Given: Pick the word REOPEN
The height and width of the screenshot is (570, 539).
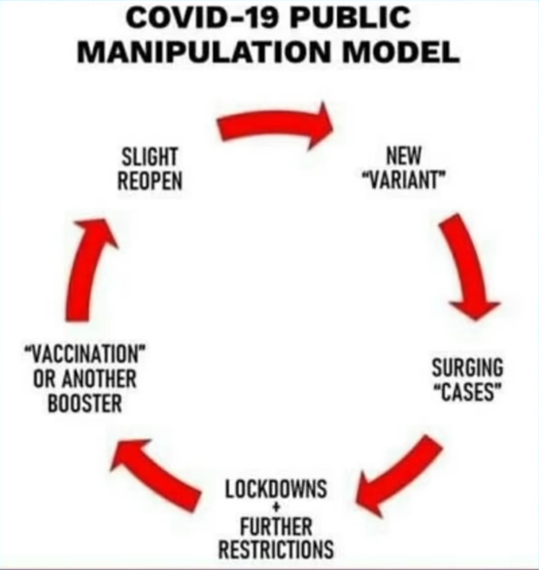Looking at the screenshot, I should (150, 180).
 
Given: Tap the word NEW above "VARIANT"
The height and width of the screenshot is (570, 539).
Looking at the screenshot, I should (402, 157).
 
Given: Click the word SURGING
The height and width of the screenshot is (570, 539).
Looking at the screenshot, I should (467, 368).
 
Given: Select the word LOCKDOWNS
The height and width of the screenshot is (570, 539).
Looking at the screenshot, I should (276, 489).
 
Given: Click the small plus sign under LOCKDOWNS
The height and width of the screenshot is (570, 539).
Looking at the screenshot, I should (276, 508).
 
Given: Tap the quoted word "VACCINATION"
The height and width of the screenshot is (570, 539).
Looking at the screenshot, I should (85, 356).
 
